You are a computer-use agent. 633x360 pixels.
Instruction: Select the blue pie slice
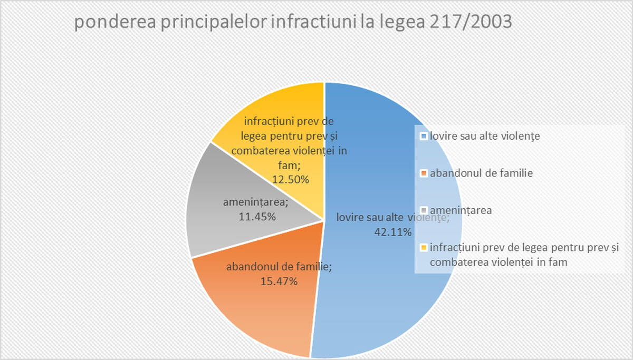tap(369, 295)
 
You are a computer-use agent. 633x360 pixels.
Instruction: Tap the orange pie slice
tap(253, 316)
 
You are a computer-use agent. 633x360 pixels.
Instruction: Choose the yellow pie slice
tap(274, 105)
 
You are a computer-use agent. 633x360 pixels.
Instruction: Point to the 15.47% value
tap(279, 281)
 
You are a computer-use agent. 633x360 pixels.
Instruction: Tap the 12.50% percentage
tap(290, 179)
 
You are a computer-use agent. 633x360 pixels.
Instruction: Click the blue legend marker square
tap(424, 136)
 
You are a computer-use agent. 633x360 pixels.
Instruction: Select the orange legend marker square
tap(424, 173)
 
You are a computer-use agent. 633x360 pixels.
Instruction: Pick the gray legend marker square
tap(424, 210)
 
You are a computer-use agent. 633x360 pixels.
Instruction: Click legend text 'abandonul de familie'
tap(482, 173)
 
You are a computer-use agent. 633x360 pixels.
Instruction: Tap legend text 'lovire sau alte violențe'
tap(485, 136)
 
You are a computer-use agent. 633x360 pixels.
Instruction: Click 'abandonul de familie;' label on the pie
tap(279, 267)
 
